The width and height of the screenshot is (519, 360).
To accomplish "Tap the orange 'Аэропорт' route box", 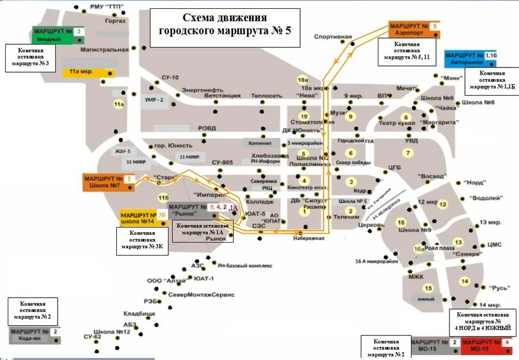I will tap(414, 29).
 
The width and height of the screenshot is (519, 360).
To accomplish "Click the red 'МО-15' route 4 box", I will tap(487, 345).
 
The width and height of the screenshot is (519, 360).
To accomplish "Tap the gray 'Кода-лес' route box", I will tap(34, 335).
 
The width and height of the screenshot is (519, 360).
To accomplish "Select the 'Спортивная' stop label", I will tap(330, 36).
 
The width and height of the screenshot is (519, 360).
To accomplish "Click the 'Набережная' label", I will tap(308, 238).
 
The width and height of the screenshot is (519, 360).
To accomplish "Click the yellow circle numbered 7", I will tap(408, 153).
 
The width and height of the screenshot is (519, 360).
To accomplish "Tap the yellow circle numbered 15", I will tap(428, 288).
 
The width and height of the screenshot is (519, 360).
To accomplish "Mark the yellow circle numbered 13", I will tap(458, 242).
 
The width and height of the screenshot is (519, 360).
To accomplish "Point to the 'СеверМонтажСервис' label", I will tap(201, 295).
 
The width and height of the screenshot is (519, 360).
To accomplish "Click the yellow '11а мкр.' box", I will tap(89, 72).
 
